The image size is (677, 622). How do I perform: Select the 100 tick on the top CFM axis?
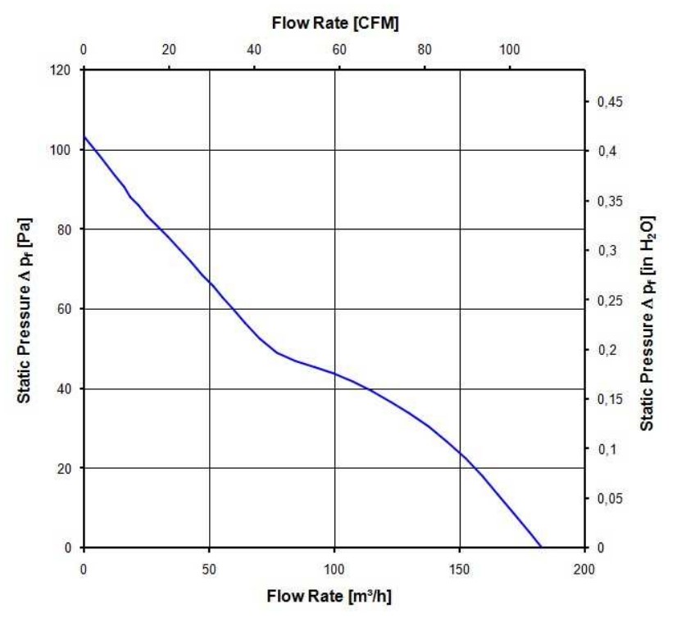point(510,51)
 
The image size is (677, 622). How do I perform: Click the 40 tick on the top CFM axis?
point(254,51)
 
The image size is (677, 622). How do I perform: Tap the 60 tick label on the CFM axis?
point(339,51)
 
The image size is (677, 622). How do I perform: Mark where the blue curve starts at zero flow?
point(84,137)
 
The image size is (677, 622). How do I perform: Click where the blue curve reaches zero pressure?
point(541,547)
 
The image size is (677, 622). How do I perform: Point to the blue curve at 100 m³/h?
point(334,374)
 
